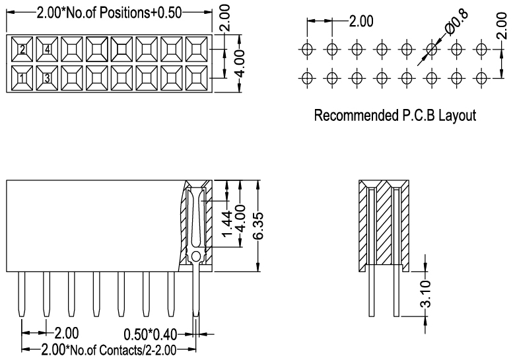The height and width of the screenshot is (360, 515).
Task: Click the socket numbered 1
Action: tap(22, 78)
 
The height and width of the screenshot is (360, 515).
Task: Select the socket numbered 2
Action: tap(22, 50)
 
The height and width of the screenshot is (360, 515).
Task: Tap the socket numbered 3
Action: tap(47, 78)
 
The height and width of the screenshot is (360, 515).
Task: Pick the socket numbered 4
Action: tap(47, 50)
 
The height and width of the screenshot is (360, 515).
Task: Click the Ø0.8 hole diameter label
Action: tap(456, 22)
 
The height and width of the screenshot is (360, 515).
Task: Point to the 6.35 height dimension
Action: tap(258, 226)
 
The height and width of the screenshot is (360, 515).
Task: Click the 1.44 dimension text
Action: tap(227, 223)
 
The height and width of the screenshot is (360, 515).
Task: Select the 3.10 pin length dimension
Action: tap(426, 294)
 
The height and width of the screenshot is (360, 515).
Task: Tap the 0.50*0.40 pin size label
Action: tap(151, 334)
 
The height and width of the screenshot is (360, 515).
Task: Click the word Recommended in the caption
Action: tap(356, 116)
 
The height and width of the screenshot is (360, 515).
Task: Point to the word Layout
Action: tap(458, 116)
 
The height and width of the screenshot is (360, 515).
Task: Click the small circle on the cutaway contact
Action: tap(195, 256)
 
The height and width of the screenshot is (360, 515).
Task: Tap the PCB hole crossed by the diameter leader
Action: tap(432, 50)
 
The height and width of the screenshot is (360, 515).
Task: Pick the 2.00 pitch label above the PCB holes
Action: tap(361, 21)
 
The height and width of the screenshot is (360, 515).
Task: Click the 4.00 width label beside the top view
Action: tap(240, 63)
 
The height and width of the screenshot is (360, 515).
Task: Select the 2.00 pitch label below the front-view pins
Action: tap(66, 333)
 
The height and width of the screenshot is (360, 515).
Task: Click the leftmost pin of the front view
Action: tap(22, 295)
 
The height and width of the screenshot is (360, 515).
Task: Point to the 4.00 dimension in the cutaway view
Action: tap(241, 218)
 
